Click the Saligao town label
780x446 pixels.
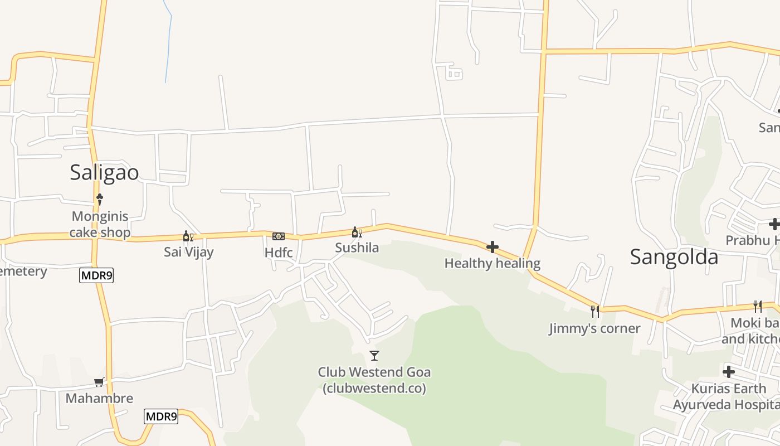104,173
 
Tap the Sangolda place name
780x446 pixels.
674,257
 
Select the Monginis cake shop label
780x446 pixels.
100,224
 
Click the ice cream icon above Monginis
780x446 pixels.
100,198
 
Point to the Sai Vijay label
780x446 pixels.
188,252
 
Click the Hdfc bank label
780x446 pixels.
279,253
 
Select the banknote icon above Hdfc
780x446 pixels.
279,236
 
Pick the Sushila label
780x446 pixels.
357,248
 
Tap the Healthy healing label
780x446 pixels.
492,263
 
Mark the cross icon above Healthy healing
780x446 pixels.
493,247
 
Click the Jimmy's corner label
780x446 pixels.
594,328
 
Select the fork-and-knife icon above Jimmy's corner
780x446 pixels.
595,311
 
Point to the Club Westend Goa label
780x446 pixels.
374,380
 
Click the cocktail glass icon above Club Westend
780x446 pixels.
374,355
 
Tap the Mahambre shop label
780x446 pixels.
99,398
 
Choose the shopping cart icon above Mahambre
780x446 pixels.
99,382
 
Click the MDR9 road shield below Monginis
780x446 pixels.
96,275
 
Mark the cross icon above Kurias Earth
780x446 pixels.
729,372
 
